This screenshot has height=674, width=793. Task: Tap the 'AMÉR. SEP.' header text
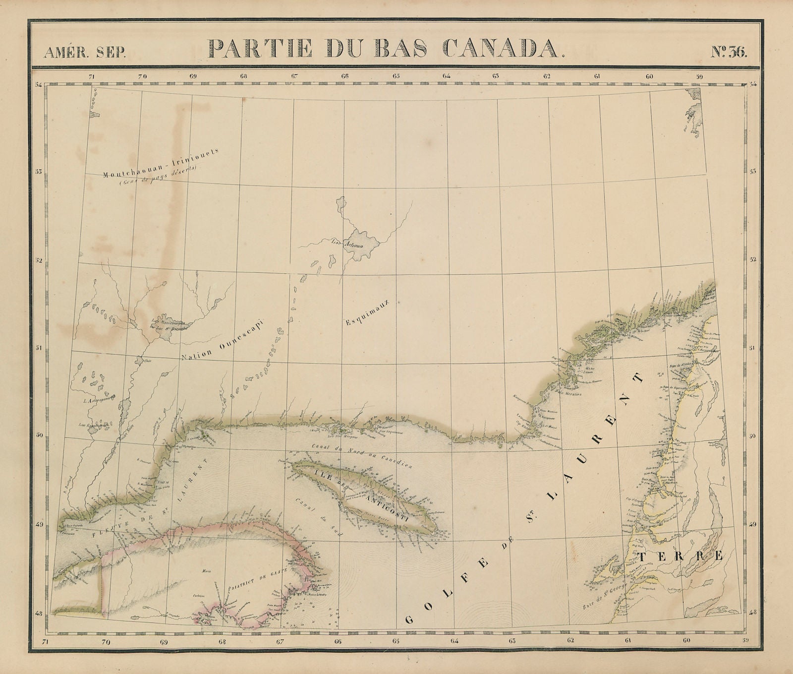(85, 52)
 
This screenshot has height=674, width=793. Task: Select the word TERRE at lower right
(680, 556)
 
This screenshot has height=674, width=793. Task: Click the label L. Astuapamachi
(100, 398)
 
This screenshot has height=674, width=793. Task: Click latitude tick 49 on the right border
(752, 524)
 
